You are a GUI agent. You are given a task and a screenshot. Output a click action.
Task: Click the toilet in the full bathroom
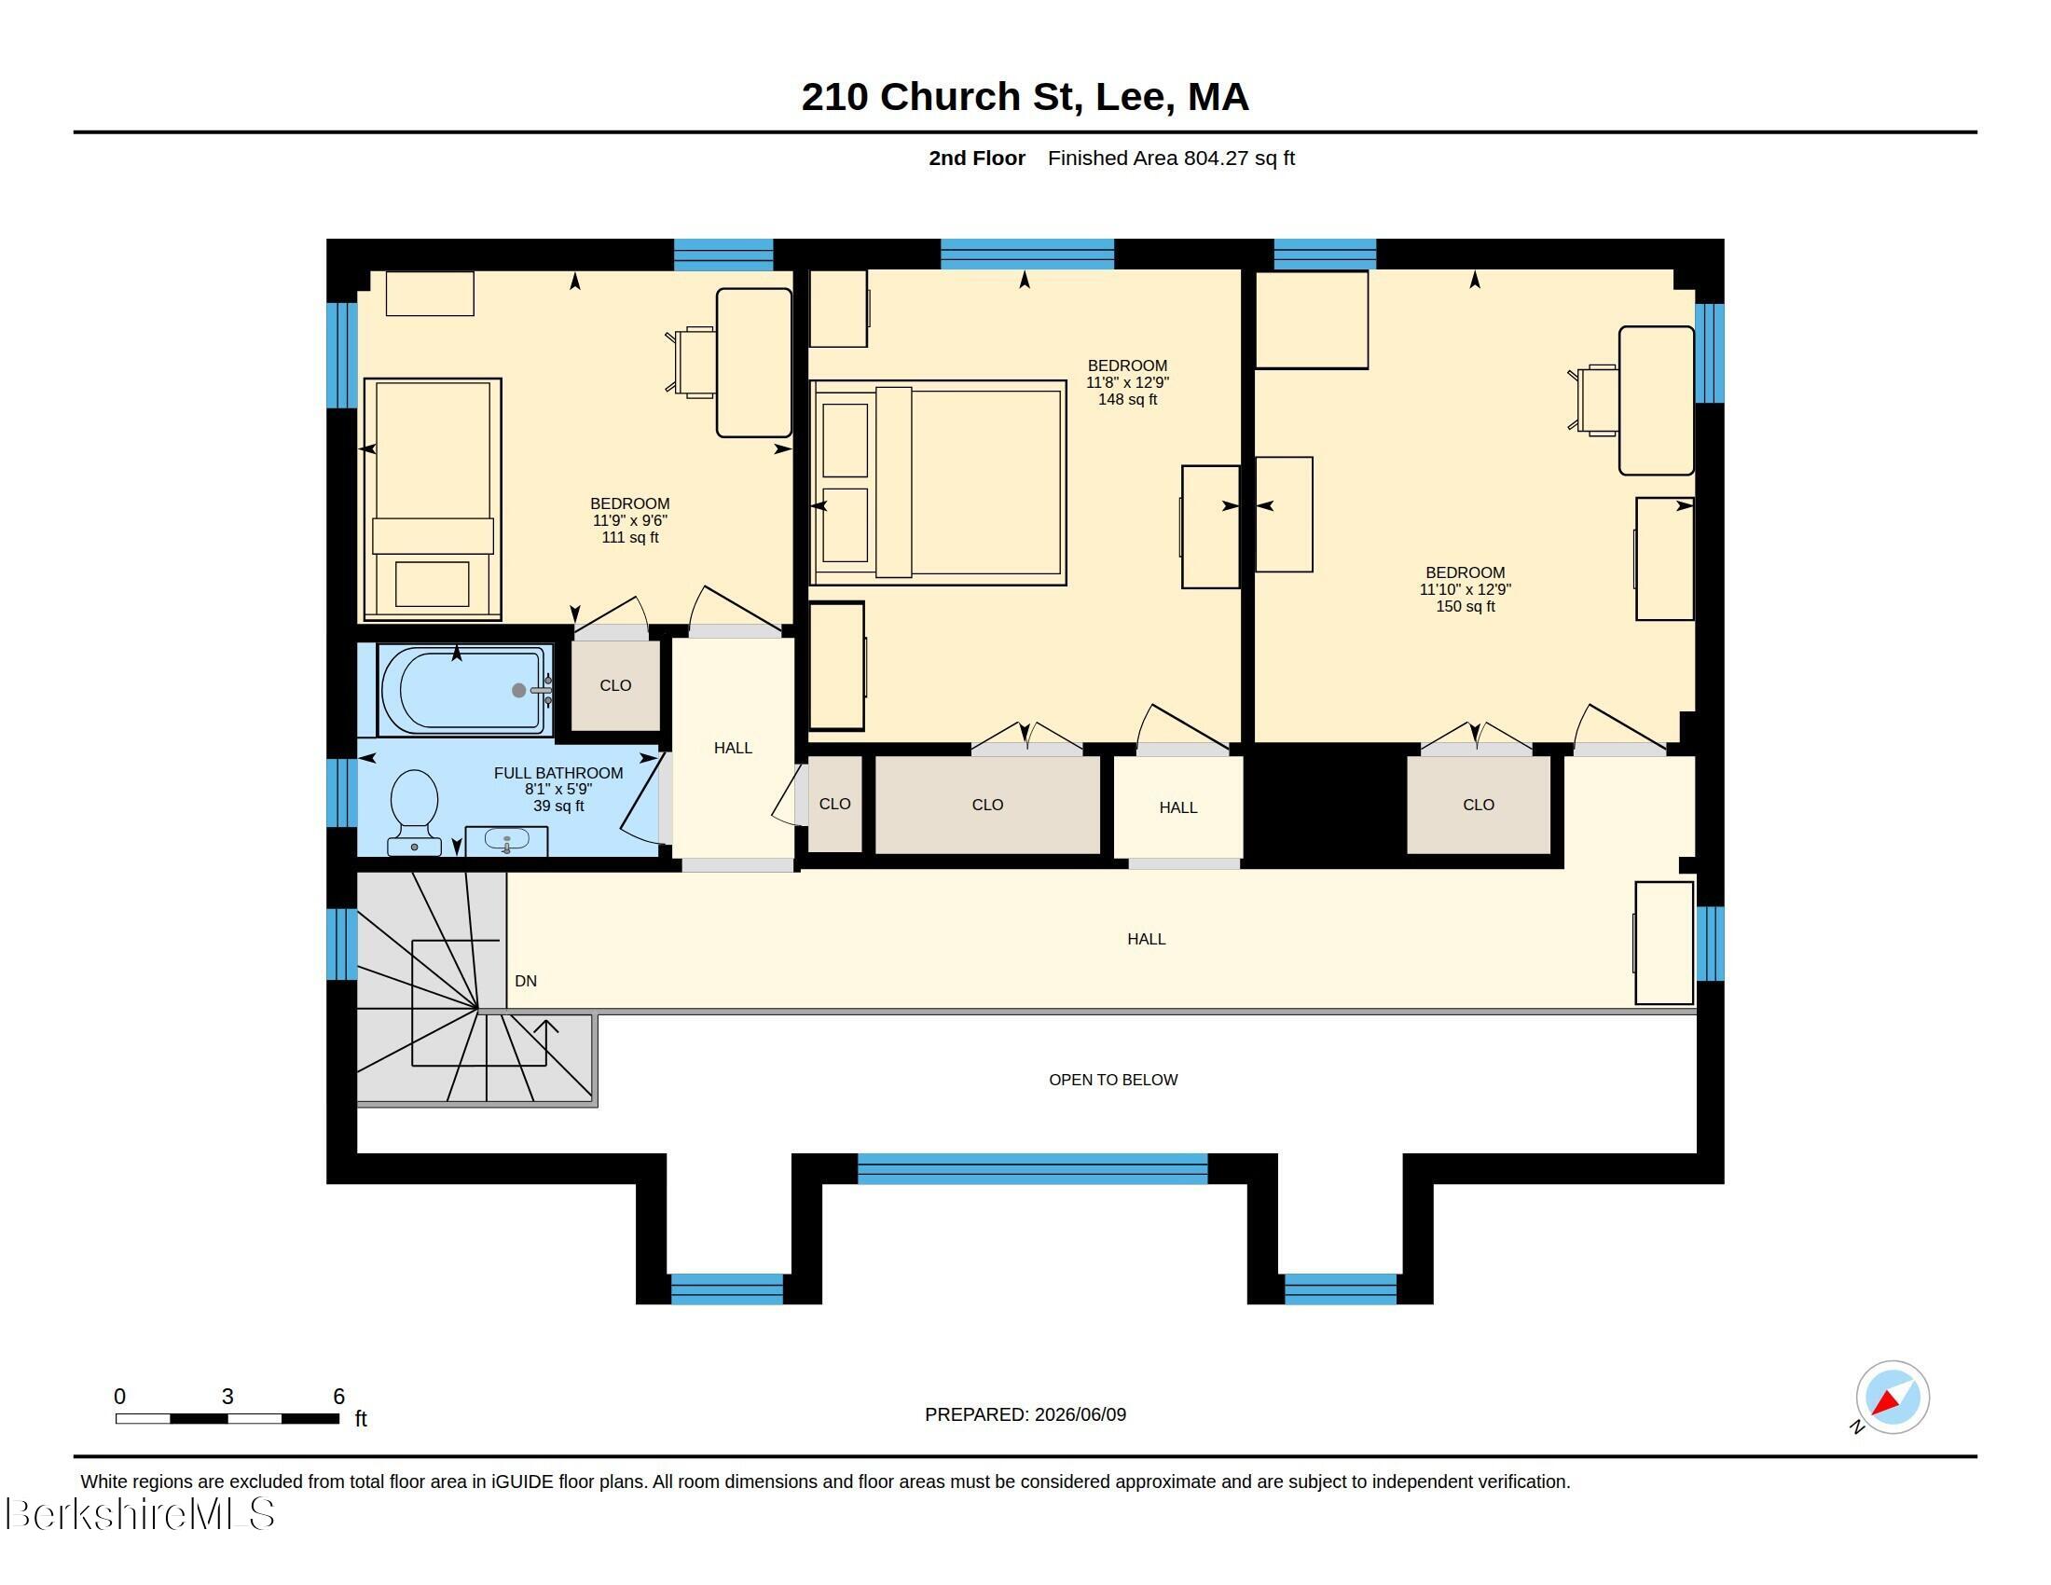(x=414, y=812)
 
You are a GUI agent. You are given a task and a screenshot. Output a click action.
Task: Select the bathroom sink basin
(x=507, y=841)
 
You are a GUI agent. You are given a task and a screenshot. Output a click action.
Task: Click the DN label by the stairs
(x=526, y=981)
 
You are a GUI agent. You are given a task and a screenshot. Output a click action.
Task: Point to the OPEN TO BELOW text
(x=1113, y=1080)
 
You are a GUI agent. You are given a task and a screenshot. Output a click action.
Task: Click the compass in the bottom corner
(x=1892, y=1398)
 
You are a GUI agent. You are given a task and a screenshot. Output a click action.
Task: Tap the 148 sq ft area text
(x=1127, y=400)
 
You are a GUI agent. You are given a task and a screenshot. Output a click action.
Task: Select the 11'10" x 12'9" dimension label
(x=1465, y=589)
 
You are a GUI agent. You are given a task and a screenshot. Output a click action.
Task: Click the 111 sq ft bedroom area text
(x=630, y=538)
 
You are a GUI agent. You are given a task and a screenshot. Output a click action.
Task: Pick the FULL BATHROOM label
(x=558, y=773)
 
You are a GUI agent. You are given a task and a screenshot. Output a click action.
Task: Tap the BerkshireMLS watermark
(x=139, y=1514)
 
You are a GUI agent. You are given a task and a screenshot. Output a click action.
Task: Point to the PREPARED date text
(x=1025, y=1414)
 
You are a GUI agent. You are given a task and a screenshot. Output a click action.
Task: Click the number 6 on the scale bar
(x=339, y=1397)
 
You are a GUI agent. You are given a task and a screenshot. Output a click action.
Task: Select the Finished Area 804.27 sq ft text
(x=1171, y=158)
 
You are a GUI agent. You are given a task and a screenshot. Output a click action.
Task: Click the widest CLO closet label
(x=987, y=805)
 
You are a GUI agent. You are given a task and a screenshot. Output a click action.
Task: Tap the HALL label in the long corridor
(x=1147, y=939)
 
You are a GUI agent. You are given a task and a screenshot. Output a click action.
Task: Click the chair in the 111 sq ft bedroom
(x=691, y=363)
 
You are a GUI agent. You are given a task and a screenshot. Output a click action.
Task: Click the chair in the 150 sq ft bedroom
(x=1593, y=400)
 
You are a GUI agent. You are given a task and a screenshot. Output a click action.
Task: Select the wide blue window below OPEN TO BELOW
(x=1032, y=1168)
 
